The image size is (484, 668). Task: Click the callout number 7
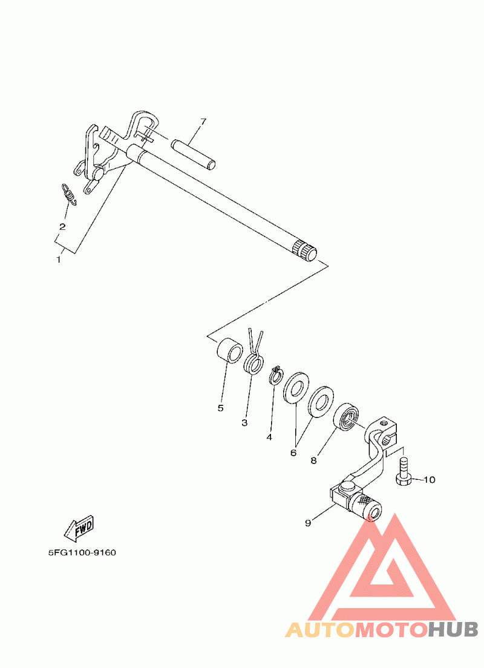[x=203, y=122]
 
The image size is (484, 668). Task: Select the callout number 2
[x=62, y=227]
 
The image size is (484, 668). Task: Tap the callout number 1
[x=59, y=260]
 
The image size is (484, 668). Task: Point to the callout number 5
[x=220, y=408]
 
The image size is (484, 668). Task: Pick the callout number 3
[x=244, y=423]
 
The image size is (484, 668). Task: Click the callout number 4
[x=269, y=437]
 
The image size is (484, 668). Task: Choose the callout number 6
[x=293, y=453]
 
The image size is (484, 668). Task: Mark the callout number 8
[x=313, y=460]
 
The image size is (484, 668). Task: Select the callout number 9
[x=308, y=523]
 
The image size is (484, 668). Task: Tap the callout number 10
[x=430, y=480]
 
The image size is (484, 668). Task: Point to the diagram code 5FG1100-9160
[x=82, y=553]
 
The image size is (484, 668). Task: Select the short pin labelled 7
[x=194, y=154]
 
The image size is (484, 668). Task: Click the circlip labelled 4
[x=276, y=375]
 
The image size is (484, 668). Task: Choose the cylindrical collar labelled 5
[x=230, y=351]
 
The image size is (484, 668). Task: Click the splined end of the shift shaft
[x=305, y=252]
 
